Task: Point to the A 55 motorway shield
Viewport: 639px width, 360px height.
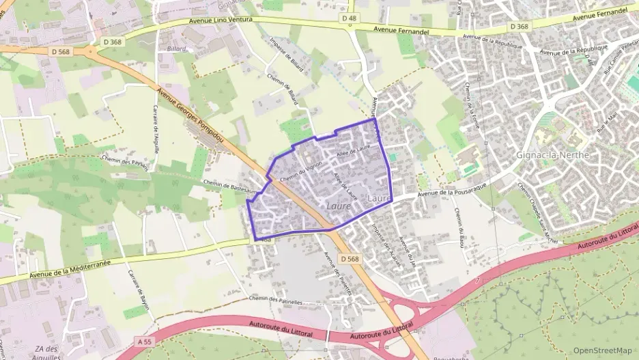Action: coord(143,341)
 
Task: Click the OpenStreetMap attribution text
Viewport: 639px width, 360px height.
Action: coord(602,350)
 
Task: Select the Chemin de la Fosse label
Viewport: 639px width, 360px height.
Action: coord(470,106)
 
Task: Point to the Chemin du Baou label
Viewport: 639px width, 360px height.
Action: coord(459,226)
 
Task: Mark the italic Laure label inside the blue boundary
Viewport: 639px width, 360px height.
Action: coord(339,205)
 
